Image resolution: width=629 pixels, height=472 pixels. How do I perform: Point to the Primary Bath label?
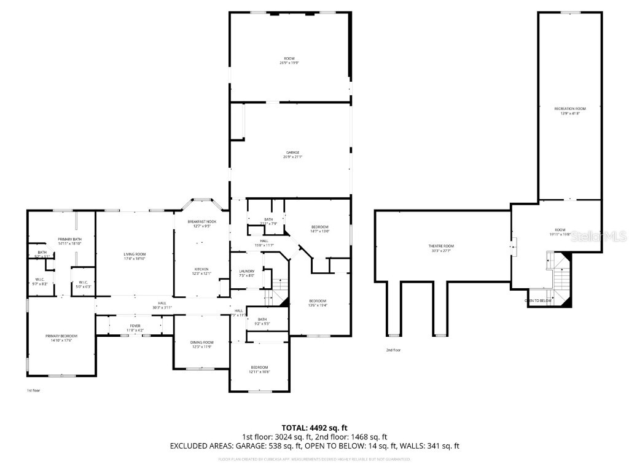pyautogui.click(x=69, y=241)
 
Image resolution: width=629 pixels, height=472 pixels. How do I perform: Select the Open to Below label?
pyautogui.click(x=538, y=301)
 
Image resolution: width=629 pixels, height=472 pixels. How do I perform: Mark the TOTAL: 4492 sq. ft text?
pyautogui.click(x=314, y=427)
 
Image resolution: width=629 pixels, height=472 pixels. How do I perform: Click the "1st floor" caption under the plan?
pyautogui.click(x=33, y=390)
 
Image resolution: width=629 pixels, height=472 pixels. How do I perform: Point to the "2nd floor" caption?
pyautogui.click(x=393, y=350)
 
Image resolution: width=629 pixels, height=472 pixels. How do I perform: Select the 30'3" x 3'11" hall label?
pyautogui.click(x=162, y=305)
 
